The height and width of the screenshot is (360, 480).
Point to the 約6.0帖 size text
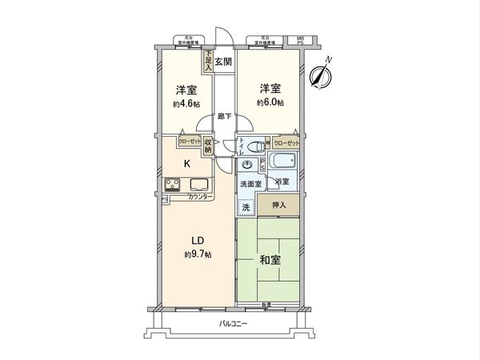[x=270, y=103]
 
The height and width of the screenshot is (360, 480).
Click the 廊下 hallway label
[x=225, y=117]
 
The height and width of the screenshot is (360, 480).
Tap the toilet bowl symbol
[x=254, y=146]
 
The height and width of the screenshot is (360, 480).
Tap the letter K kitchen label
[x=187, y=164]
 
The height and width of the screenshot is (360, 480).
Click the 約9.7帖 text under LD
[x=197, y=254]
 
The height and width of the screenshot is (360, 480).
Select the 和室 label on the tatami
[x=270, y=260]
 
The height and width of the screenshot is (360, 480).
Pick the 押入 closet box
[x=280, y=206]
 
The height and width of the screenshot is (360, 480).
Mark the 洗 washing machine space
[x=245, y=206]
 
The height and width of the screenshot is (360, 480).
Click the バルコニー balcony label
[x=234, y=324]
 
